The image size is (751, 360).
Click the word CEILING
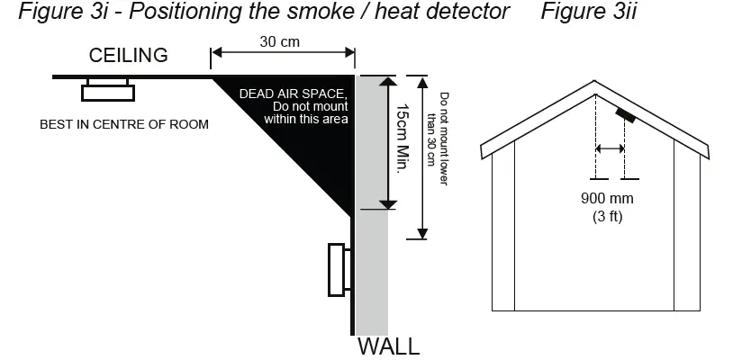(x=128, y=56)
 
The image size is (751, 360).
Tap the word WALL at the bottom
(x=389, y=346)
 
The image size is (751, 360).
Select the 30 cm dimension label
(x=280, y=41)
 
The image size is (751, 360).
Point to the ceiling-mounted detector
(x=108, y=89)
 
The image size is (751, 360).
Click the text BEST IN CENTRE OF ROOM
(x=124, y=124)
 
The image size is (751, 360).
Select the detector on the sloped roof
(x=626, y=115)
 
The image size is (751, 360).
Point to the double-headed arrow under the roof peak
(x=610, y=148)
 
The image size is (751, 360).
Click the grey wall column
(x=370, y=270)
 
